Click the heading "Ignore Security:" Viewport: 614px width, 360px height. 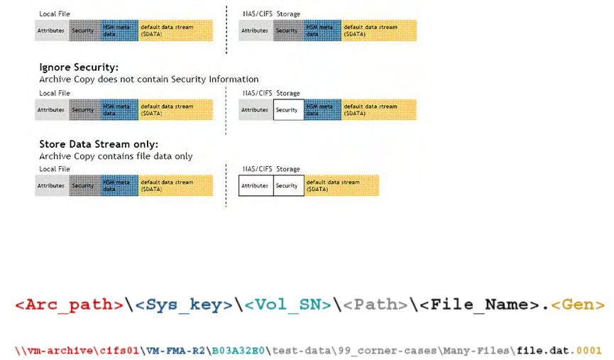point(79,67)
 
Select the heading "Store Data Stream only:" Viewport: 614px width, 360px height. point(99,144)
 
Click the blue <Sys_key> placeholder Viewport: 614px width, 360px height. point(184,305)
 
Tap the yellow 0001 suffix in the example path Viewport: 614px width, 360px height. point(590,350)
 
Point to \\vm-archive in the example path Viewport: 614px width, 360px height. point(48,350)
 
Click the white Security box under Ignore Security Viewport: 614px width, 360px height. point(288,110)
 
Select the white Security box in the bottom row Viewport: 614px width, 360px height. point(288,186)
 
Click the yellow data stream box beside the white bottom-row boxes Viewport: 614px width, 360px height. point(341,186)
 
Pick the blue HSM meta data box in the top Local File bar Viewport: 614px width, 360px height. point(119,31)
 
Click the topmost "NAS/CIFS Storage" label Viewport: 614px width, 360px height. point(271,13)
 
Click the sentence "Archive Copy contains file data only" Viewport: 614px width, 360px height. point(116,156)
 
